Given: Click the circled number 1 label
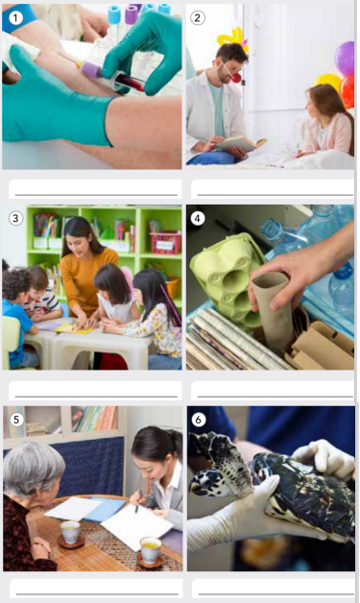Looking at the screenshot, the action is [x=15, y=17].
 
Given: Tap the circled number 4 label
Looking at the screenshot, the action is [x=198, y=218].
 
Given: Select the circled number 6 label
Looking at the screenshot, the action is [x=199, y=420].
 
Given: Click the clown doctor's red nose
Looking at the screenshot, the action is [x=236, y=78].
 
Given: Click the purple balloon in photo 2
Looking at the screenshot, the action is [x=345, y=58].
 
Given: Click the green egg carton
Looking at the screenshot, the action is [x=228, y=277].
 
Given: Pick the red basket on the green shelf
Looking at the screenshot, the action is [x=166, y=243].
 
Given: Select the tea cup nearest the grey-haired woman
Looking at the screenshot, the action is [x=71, y=534].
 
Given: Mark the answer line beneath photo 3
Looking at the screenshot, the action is [x=96, y=396].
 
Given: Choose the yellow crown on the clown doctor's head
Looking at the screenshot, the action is [x=231, y=38].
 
